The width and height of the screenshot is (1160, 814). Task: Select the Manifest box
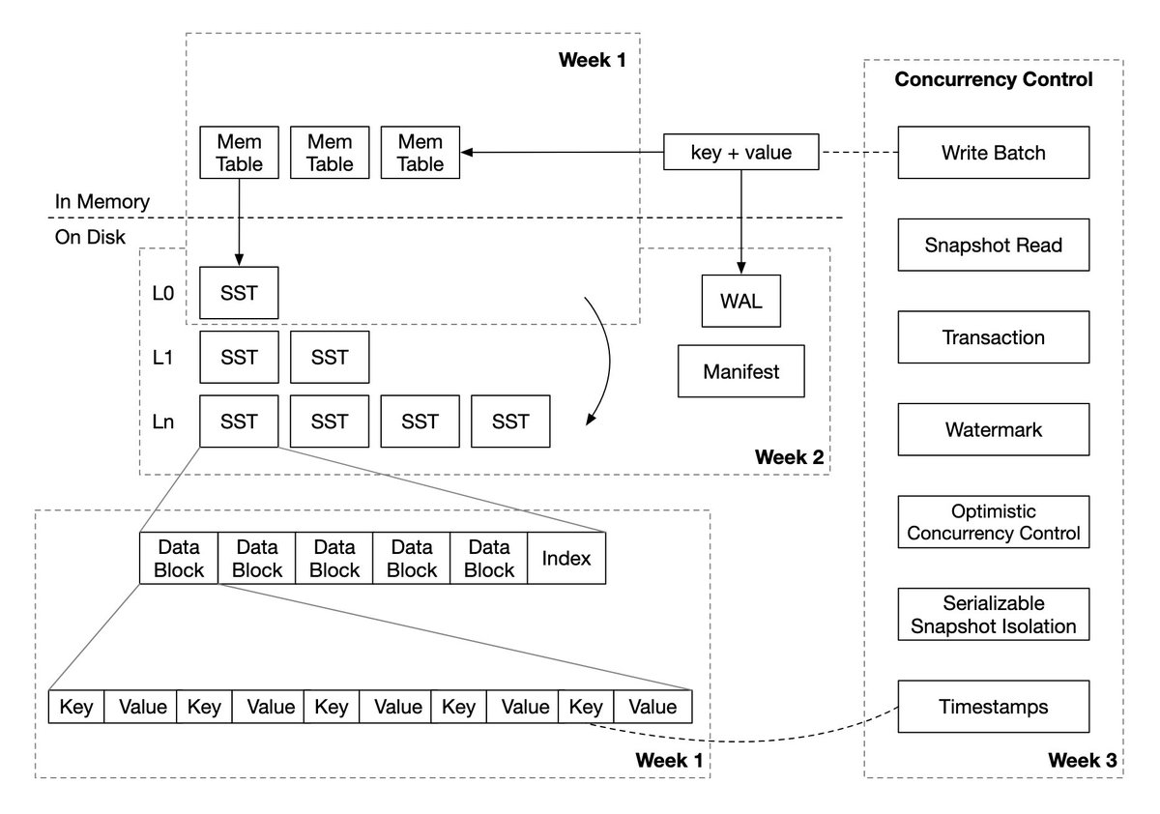[741, 371]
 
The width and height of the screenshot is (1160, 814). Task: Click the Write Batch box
[993, 152]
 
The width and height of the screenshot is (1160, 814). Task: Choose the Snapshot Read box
[993, 245]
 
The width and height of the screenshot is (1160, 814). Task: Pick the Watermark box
[993, 429]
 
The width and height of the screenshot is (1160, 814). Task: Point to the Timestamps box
[993, 707]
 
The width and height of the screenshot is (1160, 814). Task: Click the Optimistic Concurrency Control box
[993, 522]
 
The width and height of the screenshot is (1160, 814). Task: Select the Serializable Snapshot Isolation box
[993, 615]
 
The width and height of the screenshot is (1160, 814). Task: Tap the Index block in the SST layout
[566, 558]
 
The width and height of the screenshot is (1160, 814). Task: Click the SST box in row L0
[239, 293]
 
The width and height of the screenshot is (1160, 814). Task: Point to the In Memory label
[102, 202]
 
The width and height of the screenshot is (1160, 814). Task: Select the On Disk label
[91, 237]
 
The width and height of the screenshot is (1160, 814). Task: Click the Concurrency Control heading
[993, 80]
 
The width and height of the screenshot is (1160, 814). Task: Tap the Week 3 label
[1083, 762]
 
